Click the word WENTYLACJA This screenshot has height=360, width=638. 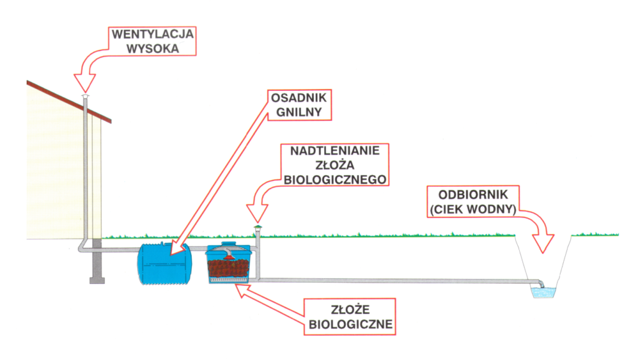153,34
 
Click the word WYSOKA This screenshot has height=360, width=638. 153,47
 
